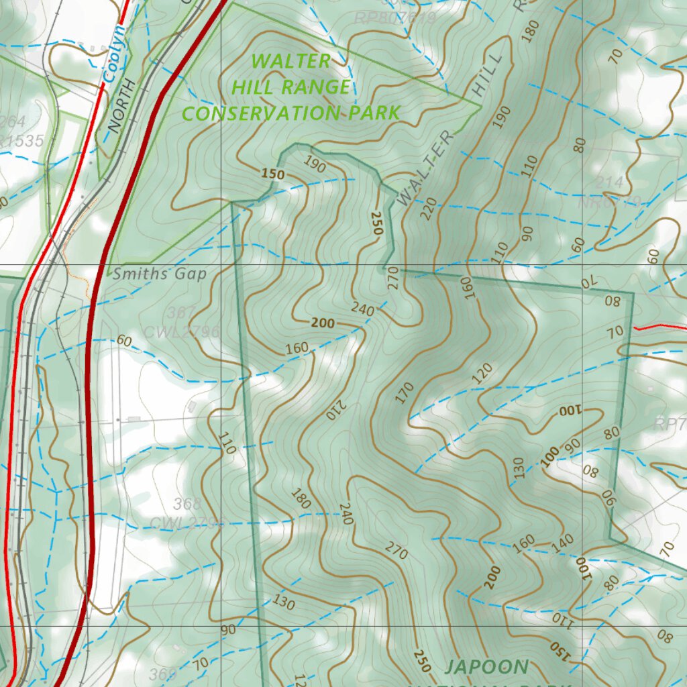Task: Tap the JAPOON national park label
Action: pyautogui.click(x=486, y=667)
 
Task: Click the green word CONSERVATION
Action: pyautogui.click(x=262, y=113)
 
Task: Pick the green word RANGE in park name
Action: pyautogui.click(x=317, y=87)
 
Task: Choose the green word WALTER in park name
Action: pyautogui.click(x=291, y=61)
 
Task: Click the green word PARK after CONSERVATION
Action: pyautogui.click(x=374, y=112)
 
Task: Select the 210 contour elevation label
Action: pyautogui.click(x=335, y=409)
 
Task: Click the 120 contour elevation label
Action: pyautogui.click(x=482, y=374)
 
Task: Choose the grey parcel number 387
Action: pyautogui.click(x=182, y=313)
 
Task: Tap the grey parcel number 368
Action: pyautogui.click(x=187, y=503)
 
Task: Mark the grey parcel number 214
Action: pyautogui.click(x=609, y=182)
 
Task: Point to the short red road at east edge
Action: pyautogui.click(x=660, y=327)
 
